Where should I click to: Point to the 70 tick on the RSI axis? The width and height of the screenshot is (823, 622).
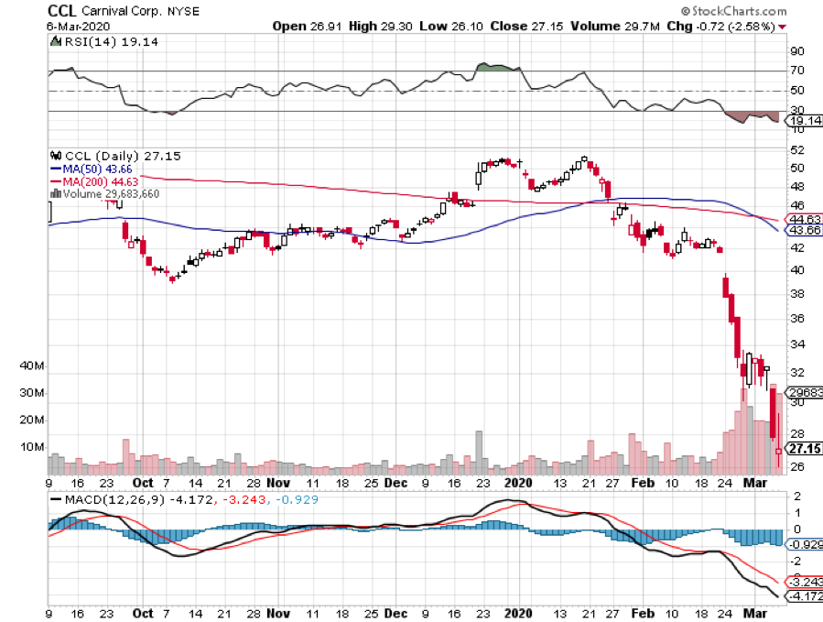[797, 71]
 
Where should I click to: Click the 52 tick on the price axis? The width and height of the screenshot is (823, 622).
[797, 149]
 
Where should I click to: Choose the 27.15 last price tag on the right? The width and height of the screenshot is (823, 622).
[802, 449]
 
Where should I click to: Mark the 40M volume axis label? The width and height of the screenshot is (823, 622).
[32, 366]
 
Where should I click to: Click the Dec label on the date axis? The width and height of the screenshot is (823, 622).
[395, 483]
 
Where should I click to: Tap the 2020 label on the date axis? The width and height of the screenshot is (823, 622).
[518, 483]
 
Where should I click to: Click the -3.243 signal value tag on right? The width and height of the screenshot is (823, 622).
[803, 582]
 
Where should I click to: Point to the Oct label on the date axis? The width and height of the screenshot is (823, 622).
[142, 483]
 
